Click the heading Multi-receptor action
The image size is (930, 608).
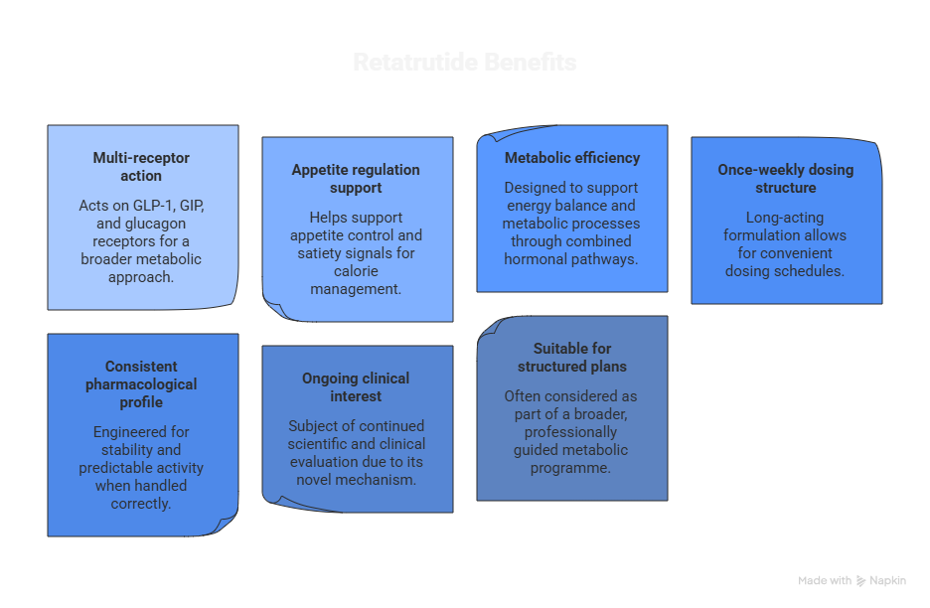[x=141, y=167]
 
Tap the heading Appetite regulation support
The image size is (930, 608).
[x=356, y=179]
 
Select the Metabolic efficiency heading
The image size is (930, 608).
[x=571, y=158]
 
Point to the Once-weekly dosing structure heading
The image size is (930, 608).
[x=785, y=179]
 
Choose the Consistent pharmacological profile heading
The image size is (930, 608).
[x=141, y=384]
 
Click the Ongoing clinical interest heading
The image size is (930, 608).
[x=356, y=387]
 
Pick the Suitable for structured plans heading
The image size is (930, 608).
[x=571, y=358]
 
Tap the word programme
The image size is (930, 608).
[x=571, y=468]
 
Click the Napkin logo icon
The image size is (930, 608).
[x=861, y=581]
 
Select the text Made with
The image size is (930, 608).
[x=825, y=581]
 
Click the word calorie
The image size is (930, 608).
[x=356, y=271]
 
